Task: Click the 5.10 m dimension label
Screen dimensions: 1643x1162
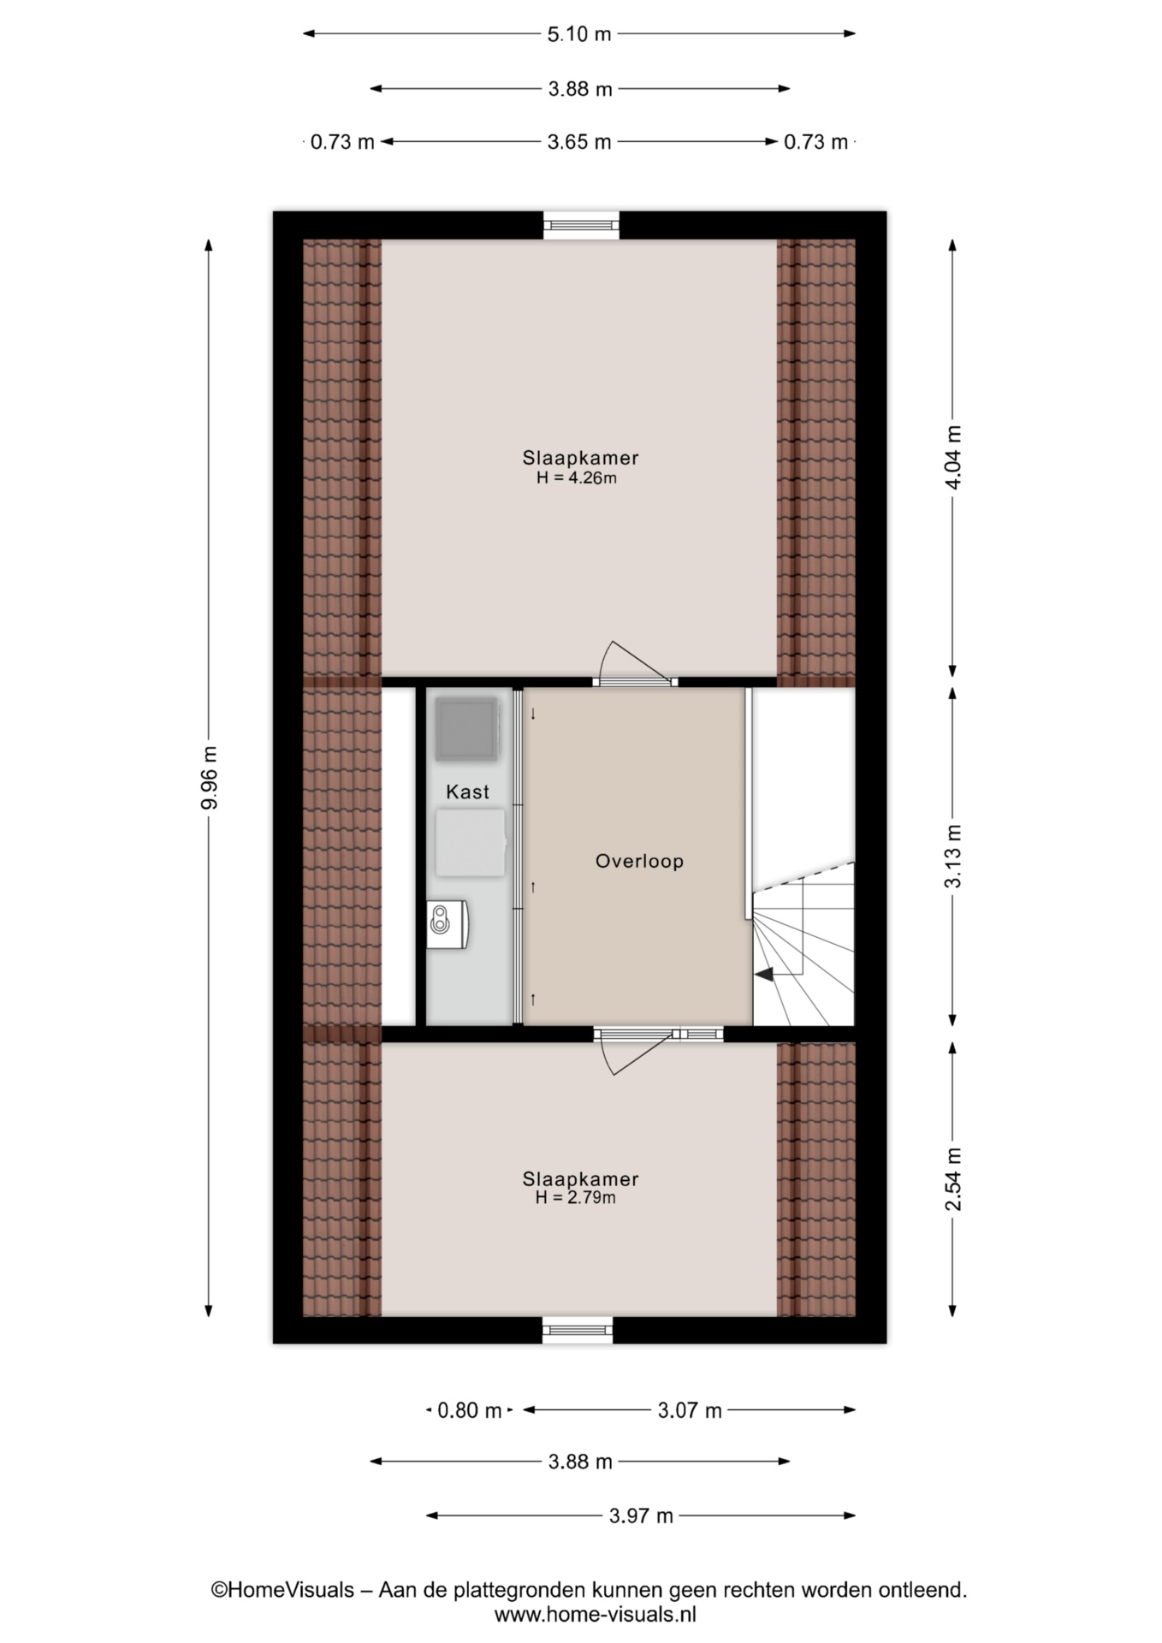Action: (579, 34)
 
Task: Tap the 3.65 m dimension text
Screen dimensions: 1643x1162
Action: (579, 142)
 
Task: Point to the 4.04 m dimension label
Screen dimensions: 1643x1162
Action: (953, 457)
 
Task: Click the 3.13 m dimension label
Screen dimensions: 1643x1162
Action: (953, 856)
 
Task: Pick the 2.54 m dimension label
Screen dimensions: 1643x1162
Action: (953, 1179)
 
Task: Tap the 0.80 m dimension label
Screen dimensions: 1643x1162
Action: (469, 1410)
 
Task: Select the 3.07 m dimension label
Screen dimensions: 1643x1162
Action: (690, 1410)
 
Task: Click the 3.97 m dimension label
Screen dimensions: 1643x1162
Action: (641, 1515)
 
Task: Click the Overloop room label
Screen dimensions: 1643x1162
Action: (639, 861)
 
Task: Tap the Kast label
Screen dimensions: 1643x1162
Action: (467, 792)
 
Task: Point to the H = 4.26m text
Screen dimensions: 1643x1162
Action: (577, 478)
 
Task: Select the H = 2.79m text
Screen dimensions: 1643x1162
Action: (576, 1198)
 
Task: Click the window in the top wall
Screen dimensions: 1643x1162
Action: (582, 225)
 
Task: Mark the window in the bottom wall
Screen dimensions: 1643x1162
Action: (578, 1330)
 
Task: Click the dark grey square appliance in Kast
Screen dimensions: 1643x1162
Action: (466, 729)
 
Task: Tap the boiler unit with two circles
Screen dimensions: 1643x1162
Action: (447, 923)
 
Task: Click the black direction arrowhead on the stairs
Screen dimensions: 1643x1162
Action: (764, 973)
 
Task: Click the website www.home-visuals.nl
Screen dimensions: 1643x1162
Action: (596, 1615)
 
